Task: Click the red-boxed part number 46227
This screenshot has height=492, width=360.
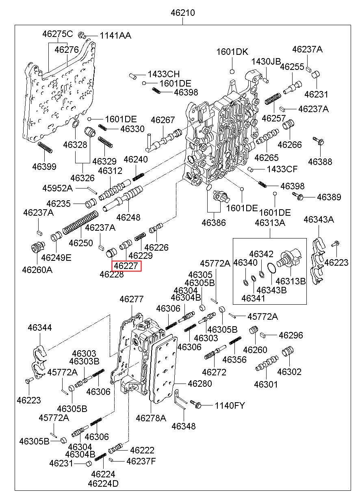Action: tap(127, 266)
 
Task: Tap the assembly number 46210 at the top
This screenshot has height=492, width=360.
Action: tap(183, 13)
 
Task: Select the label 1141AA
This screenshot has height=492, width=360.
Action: tap(115, 36)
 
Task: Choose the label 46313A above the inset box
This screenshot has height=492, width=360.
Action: tap(270, 223)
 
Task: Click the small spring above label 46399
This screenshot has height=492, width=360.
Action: tap(45, 148)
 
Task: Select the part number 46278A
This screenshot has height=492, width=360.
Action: tap(151, 417)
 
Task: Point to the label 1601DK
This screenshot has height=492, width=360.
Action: tap(232, 52)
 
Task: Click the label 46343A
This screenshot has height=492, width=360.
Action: tap(319, 220)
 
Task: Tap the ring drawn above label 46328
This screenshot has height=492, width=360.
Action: tap(76, 124)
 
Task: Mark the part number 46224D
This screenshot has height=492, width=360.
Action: tap(103, 483)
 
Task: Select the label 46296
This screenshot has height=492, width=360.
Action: tap(291, 336)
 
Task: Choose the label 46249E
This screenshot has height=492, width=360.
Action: tap(56, 257)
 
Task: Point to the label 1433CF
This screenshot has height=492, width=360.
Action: tap(282, 169)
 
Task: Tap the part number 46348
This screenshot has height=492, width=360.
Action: tap(184, 426)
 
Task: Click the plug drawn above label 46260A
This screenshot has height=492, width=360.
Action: tap(37, 247)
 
